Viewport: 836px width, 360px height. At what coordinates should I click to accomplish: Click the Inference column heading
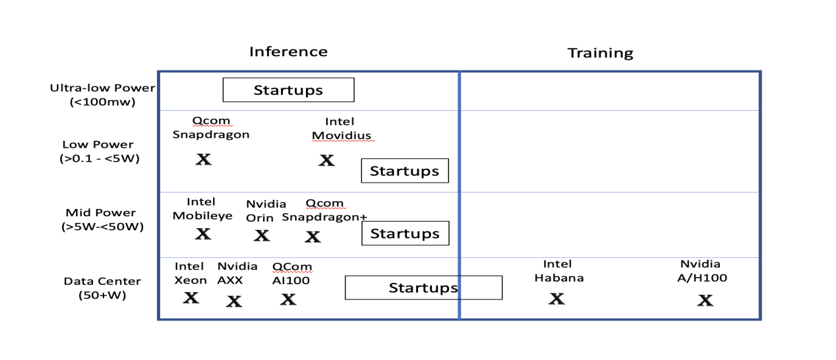(x=289, y=51)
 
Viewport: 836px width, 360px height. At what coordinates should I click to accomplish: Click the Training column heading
(x=600, y=53)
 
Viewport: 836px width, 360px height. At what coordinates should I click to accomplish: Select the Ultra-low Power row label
(x=102, y=95)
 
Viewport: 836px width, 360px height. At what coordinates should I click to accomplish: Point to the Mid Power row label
(x=102, y=220)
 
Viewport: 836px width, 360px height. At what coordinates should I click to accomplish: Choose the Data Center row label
(x=102, y=288)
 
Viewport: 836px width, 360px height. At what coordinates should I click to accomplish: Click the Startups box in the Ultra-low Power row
(x=289, y=90)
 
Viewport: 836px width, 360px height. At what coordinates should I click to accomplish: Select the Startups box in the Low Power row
(x=405, y=171)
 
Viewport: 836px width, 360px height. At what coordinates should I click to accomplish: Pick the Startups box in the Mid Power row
(x=405, y=233)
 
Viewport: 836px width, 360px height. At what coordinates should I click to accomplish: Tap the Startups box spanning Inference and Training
(x=423, y=287)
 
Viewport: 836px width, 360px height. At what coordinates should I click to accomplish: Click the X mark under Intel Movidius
(x=326, y=160)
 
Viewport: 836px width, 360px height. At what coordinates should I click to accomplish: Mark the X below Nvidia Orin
(x=262, y=235)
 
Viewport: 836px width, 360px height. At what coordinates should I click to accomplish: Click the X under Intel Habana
(x=556, y=299)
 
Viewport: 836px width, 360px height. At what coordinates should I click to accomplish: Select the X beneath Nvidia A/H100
(x=705, y=300)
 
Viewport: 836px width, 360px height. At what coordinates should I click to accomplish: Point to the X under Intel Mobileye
(x=203, y=234)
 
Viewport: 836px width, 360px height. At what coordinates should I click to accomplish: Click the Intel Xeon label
(x=191, y=273)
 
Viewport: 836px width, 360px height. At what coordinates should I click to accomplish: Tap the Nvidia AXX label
(x=237, y=273)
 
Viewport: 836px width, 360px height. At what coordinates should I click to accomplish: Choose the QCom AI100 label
(x=292, y=274)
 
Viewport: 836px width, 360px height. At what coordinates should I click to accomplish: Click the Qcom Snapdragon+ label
(x=324, y=210)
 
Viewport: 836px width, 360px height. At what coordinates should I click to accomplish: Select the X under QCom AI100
(x=288, y=299)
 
